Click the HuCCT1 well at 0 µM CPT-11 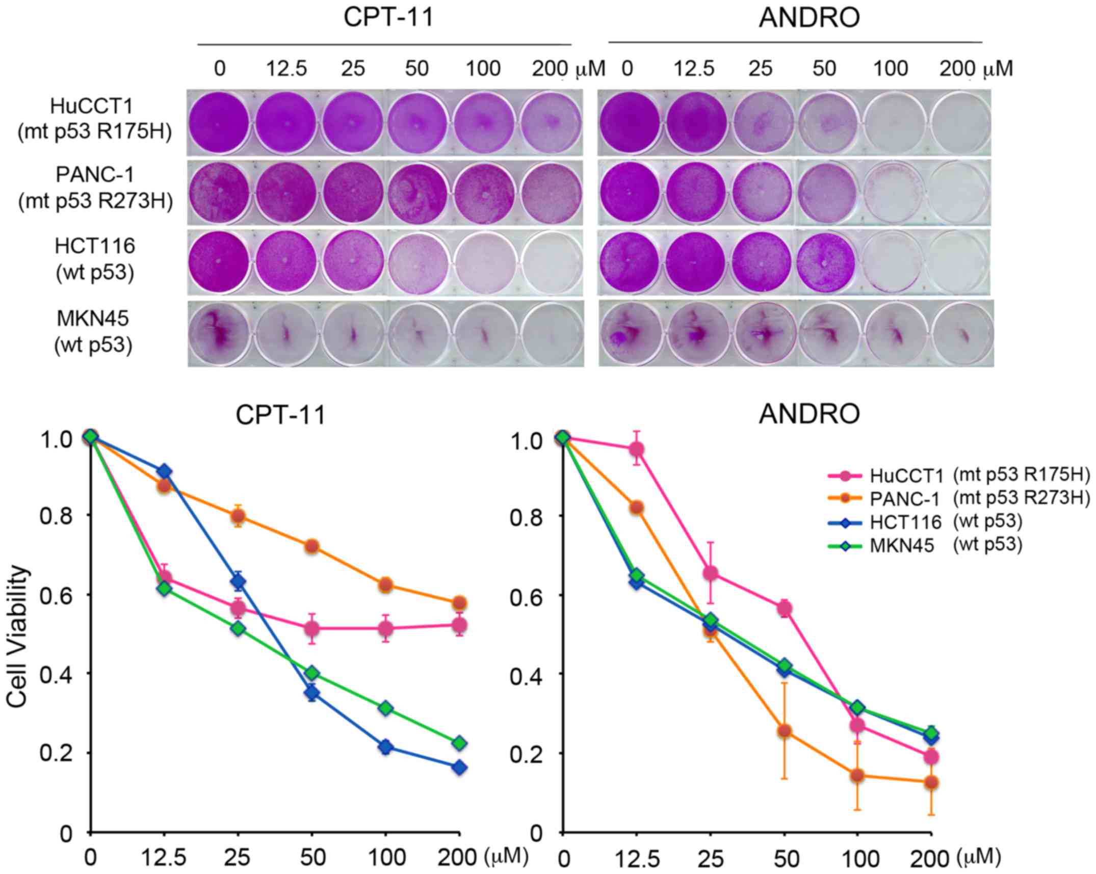219,123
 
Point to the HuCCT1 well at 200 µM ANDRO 959,123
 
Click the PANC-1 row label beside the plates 95,189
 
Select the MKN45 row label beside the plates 93,332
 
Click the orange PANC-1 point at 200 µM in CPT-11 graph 459,603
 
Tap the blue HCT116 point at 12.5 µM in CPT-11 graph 164,471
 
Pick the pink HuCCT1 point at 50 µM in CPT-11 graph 312,629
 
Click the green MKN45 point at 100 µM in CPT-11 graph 386,709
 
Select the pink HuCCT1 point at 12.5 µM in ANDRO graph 636,449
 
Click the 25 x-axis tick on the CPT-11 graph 238,858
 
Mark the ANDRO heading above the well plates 810,19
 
